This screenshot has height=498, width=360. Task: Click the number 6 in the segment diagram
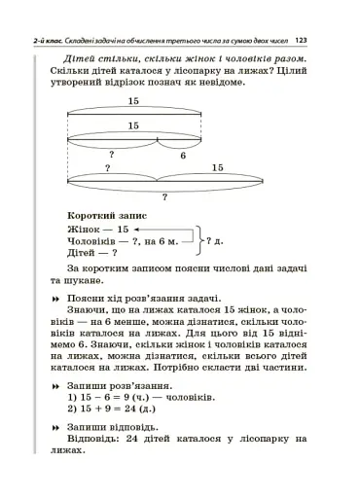tap(182, 155)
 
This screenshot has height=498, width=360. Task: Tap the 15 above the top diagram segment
tap(132, 101)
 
